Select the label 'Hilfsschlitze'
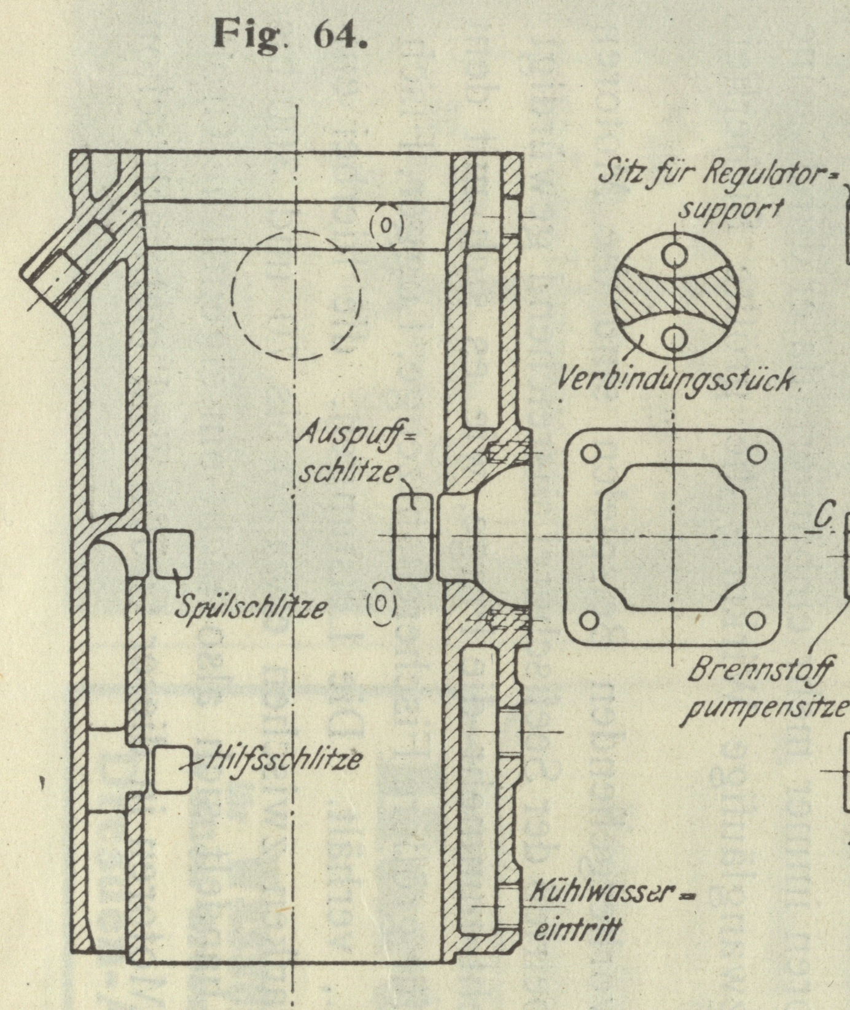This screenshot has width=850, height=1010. coord(284,761)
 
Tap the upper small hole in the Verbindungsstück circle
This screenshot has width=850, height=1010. coord(674,254)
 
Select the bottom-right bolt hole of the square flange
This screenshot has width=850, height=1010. coord(756,621)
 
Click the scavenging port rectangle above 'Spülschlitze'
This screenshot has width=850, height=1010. coord(173,554)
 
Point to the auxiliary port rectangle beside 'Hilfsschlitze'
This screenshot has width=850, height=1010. coord(172,769)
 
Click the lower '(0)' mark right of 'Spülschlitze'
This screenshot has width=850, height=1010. coord(381,603)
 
